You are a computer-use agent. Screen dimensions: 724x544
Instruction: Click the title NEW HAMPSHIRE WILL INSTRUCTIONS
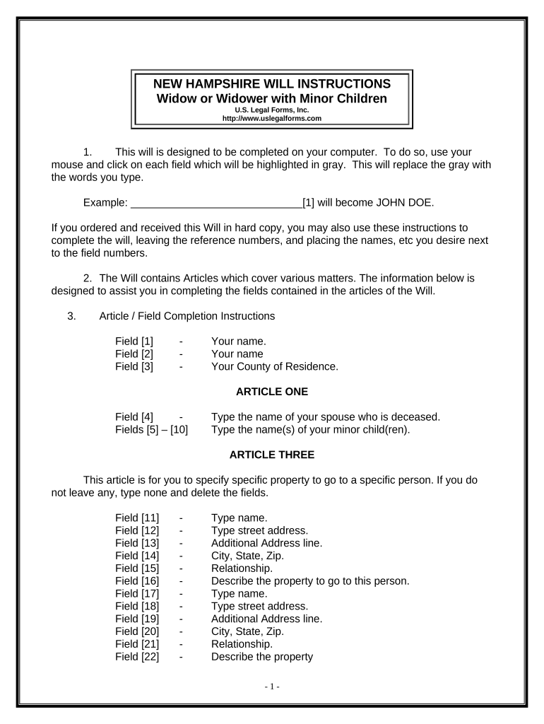272,83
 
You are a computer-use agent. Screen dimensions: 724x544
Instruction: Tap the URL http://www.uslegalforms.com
272,119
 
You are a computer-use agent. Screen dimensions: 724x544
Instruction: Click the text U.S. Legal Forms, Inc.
272,110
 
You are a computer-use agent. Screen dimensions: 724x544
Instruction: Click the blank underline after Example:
216,204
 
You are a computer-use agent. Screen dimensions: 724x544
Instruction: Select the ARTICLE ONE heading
272,391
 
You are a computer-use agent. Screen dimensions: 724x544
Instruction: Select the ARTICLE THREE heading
272,454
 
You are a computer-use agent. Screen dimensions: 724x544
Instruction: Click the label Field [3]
134,366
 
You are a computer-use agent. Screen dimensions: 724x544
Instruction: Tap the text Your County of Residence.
275,366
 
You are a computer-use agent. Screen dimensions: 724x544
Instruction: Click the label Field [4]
134,416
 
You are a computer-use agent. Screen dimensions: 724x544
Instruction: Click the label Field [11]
137,518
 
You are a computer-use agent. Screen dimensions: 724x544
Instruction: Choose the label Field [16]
137,581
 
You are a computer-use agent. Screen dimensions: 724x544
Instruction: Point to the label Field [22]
137,657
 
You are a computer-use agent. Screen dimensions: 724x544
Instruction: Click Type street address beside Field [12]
259,530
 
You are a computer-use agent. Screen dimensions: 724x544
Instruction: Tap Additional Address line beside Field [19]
266,619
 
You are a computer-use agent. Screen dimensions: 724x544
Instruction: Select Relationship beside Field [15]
242,568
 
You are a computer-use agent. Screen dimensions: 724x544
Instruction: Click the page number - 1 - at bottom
272,687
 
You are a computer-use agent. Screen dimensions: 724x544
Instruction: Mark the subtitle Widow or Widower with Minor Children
272,98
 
